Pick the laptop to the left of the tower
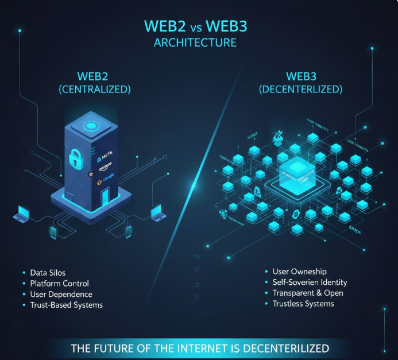(22, 215)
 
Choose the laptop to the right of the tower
(157, 214)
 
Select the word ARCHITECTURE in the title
(199, 43)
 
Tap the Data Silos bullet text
(48, 273)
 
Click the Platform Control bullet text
(59, 284)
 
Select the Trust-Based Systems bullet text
(66, 305)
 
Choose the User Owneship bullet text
(299, 271)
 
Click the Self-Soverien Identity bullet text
(310, 282)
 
